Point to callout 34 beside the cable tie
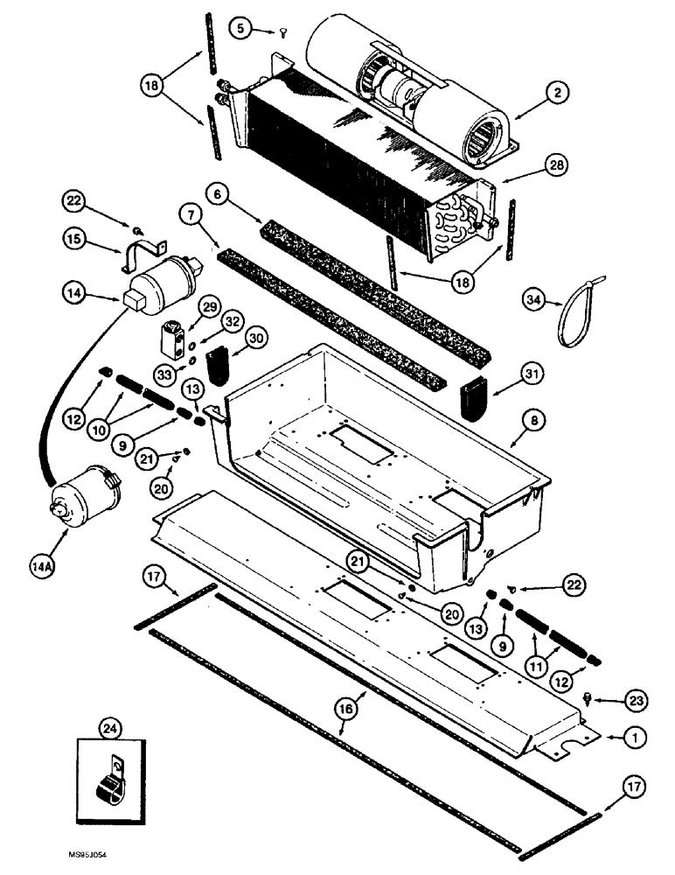(x=535, y=302)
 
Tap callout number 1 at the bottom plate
(x=636, y=738)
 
